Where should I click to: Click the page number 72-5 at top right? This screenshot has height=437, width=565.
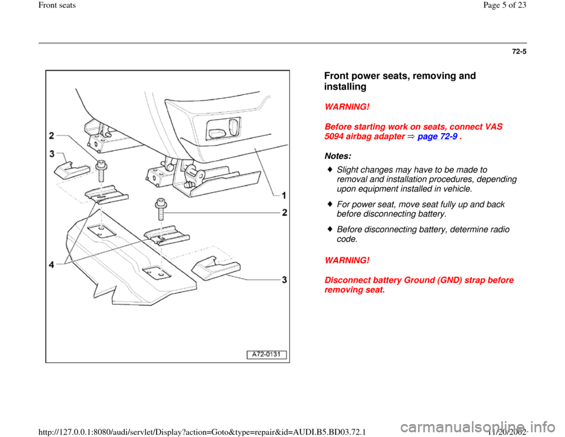519,52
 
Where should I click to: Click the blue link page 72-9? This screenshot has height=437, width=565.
437,136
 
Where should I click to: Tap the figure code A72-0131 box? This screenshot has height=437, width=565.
266,355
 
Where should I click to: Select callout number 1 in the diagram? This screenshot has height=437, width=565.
284,196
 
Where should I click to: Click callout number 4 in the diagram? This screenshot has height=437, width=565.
52,264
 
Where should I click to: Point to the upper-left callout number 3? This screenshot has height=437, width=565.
52,154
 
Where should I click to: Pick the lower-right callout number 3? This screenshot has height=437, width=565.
284,279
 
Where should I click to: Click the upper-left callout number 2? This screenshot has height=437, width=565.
52,135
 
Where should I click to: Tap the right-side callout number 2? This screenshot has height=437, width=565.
284,213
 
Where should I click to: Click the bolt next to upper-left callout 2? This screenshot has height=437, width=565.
101,171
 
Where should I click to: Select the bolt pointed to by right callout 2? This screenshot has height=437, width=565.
161,209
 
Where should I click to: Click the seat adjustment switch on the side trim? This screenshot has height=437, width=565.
223,129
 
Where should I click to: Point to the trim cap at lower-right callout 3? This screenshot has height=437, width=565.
215,268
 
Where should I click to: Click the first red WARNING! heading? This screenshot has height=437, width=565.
347,107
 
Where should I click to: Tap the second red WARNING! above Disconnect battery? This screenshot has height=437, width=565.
347,260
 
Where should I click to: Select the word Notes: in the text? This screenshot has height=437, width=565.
338,156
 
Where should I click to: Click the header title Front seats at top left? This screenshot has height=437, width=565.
57,5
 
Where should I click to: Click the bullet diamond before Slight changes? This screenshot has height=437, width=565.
330,169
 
